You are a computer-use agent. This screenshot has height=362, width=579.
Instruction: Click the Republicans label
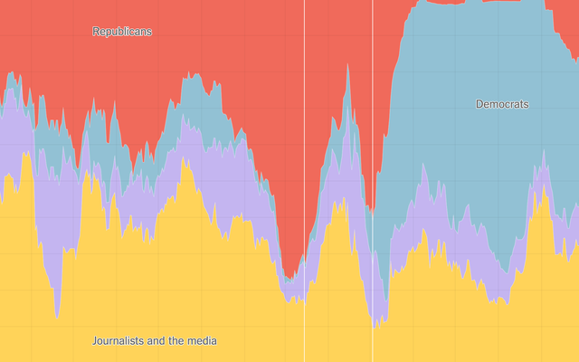click(x=122, y=32)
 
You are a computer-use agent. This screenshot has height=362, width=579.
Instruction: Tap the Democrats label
click(x=502, y=104)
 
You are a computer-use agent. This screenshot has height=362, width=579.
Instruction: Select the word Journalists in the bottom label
click(x=118, y=341)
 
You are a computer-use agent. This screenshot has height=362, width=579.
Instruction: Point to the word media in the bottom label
click(x=201, y=341)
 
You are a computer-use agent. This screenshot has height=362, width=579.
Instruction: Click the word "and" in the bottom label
click(x=156, y=341)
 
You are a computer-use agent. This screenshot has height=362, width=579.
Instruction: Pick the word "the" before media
click(x=176, y=341)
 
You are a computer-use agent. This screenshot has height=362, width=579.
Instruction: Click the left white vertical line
click(x=304, y=181)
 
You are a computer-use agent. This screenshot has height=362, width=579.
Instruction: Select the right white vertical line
click(x=372, y=181)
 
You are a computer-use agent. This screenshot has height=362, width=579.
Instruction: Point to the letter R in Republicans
click(x=96, y=32)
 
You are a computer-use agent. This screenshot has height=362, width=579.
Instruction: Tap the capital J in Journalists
click(x=95, y=341)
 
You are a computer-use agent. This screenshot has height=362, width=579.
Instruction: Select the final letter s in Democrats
click(x=527, y=104)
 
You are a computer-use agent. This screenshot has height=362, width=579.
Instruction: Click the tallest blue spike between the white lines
click(x=347, y=64)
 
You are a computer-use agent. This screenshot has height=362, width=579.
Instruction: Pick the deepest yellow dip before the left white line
click(x=56, y=317)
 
